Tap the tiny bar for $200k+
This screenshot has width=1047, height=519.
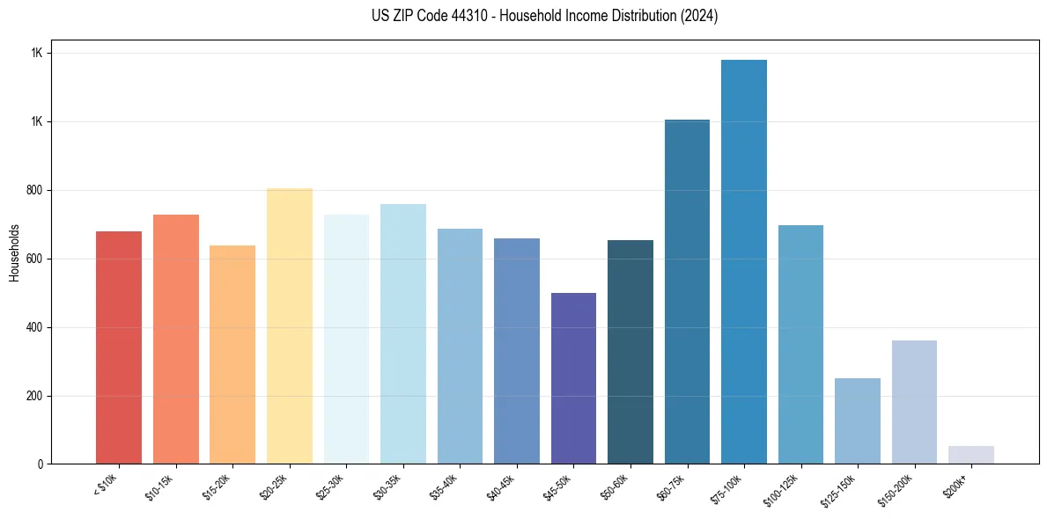(x=971, y=455)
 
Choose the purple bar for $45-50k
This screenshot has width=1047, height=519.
(x=573, y=378)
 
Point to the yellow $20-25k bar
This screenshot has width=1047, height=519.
(x=290, y=325)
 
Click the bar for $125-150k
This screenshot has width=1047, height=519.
(x=858, y=420)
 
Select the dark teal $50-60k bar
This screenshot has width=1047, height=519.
(x=630, y=352)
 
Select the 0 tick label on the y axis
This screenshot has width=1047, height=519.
(x=40, y=464)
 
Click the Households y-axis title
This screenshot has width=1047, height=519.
(x=14, y=252)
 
